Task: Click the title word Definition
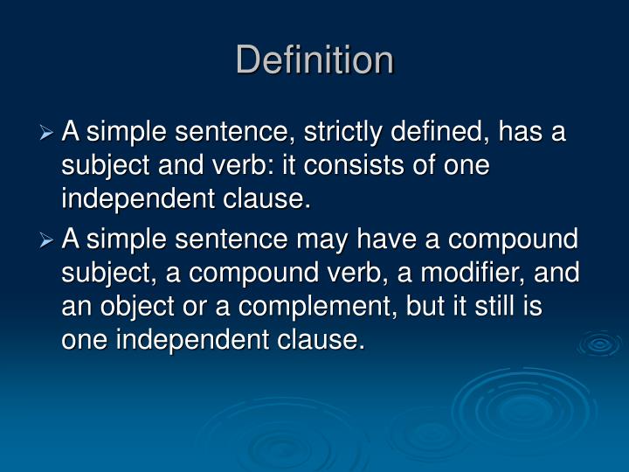pos(314,60)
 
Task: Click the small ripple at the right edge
pos(600,344)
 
